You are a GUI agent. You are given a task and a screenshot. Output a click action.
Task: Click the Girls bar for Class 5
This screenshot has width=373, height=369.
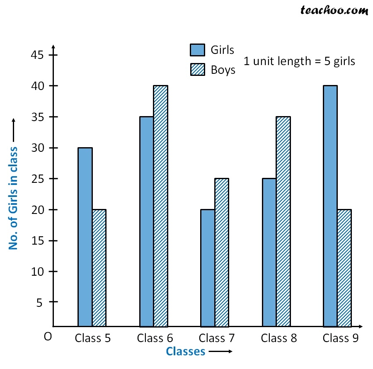click(x=85, y=237)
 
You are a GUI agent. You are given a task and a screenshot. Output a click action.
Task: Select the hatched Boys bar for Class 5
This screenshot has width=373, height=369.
click(x=99, y=268)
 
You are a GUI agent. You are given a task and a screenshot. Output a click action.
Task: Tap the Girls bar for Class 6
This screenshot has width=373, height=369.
click(x=147, y=221)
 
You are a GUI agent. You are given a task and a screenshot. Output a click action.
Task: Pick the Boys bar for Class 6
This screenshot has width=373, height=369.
click(x=160, y=206)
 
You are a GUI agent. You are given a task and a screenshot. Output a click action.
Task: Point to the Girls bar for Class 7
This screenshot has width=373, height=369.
click(x=208, y=268)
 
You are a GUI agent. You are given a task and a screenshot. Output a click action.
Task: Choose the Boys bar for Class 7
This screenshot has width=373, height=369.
click(x=221, y=252)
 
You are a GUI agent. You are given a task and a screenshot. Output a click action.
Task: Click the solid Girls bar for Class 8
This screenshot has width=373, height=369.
click(x=269, y=252)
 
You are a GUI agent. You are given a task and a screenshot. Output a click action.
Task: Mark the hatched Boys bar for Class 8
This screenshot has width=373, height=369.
click(x=283, y=221)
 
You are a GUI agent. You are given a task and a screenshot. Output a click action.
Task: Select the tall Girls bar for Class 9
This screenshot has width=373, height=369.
click(x=330, y=206)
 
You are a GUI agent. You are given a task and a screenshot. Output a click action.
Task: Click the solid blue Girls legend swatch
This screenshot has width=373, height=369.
click(x=197, y=50)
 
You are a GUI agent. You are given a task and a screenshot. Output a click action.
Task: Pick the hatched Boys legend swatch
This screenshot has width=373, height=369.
click(x=197, y=70)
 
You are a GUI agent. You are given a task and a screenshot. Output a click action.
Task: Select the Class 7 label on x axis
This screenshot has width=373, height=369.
click(x=217, y=338)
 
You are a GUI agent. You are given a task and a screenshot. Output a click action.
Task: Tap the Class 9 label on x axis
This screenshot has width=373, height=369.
click(x=341, y=338)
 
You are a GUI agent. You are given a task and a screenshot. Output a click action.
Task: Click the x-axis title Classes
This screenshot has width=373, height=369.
click(x=186, y=351)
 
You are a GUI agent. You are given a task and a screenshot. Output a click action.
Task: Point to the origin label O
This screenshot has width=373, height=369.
click(x=48, y=337)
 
